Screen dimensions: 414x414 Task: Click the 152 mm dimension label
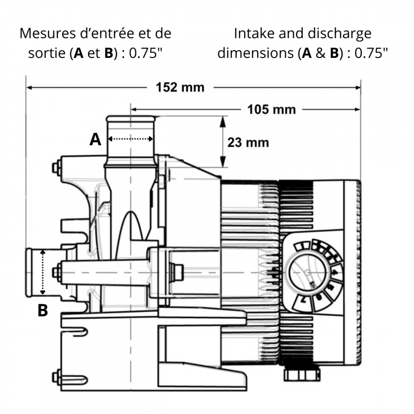[181, 87]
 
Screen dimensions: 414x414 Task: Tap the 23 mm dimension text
[248, 142]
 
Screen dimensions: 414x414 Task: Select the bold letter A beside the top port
[95, 139]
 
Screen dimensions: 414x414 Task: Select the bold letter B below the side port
[43, 310]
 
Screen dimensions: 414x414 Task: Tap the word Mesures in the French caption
[44, 34]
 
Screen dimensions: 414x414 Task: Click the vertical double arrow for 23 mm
[223, 142]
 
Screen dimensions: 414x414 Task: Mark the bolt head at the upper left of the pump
[55, 167]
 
